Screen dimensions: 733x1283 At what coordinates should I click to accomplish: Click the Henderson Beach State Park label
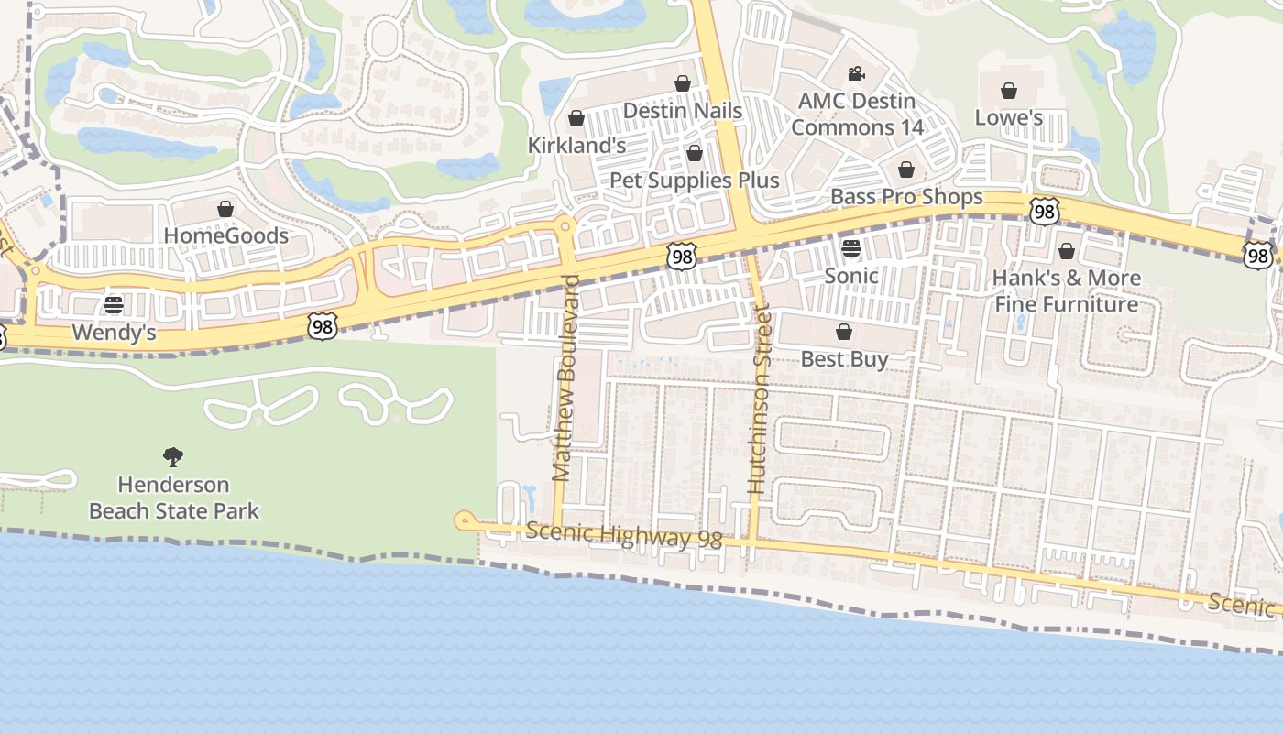[x=174, y=498]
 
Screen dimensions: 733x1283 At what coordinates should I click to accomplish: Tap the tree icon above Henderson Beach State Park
[x=173, y=456]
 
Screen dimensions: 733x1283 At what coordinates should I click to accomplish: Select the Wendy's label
[x=114, y=333]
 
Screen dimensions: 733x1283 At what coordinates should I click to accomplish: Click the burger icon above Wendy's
[x=114, y=304]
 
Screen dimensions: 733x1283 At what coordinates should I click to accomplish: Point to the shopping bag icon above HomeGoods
[x=225, y=209]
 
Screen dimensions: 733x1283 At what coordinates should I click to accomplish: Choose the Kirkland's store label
[x=577, y=146]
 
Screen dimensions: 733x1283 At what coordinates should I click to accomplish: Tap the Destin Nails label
[x=683, y=111]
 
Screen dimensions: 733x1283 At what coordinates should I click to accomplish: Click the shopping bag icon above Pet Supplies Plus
[x=695, y=152]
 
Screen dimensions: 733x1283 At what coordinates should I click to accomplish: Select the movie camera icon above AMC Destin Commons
[x=857, y=73]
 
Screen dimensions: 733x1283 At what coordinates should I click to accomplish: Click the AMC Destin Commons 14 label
[x=857, y=114]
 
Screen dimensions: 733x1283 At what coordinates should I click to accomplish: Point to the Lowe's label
[x=1009, y=117]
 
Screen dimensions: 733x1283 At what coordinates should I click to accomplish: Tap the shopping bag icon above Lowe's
[x=1009, y=90]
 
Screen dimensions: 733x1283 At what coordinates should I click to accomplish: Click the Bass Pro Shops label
[x=906, y=197]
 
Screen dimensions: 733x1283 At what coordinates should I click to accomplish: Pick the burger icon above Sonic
[x=851, y=247]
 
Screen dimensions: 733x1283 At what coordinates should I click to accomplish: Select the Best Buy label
[x=844, y=358]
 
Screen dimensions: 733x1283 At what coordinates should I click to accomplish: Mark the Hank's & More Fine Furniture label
[x=1068, y=290]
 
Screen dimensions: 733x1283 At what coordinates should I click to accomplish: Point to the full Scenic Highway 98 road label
[x=625, y=536]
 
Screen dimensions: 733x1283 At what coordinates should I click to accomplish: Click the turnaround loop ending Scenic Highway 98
[x=463, y=521]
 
